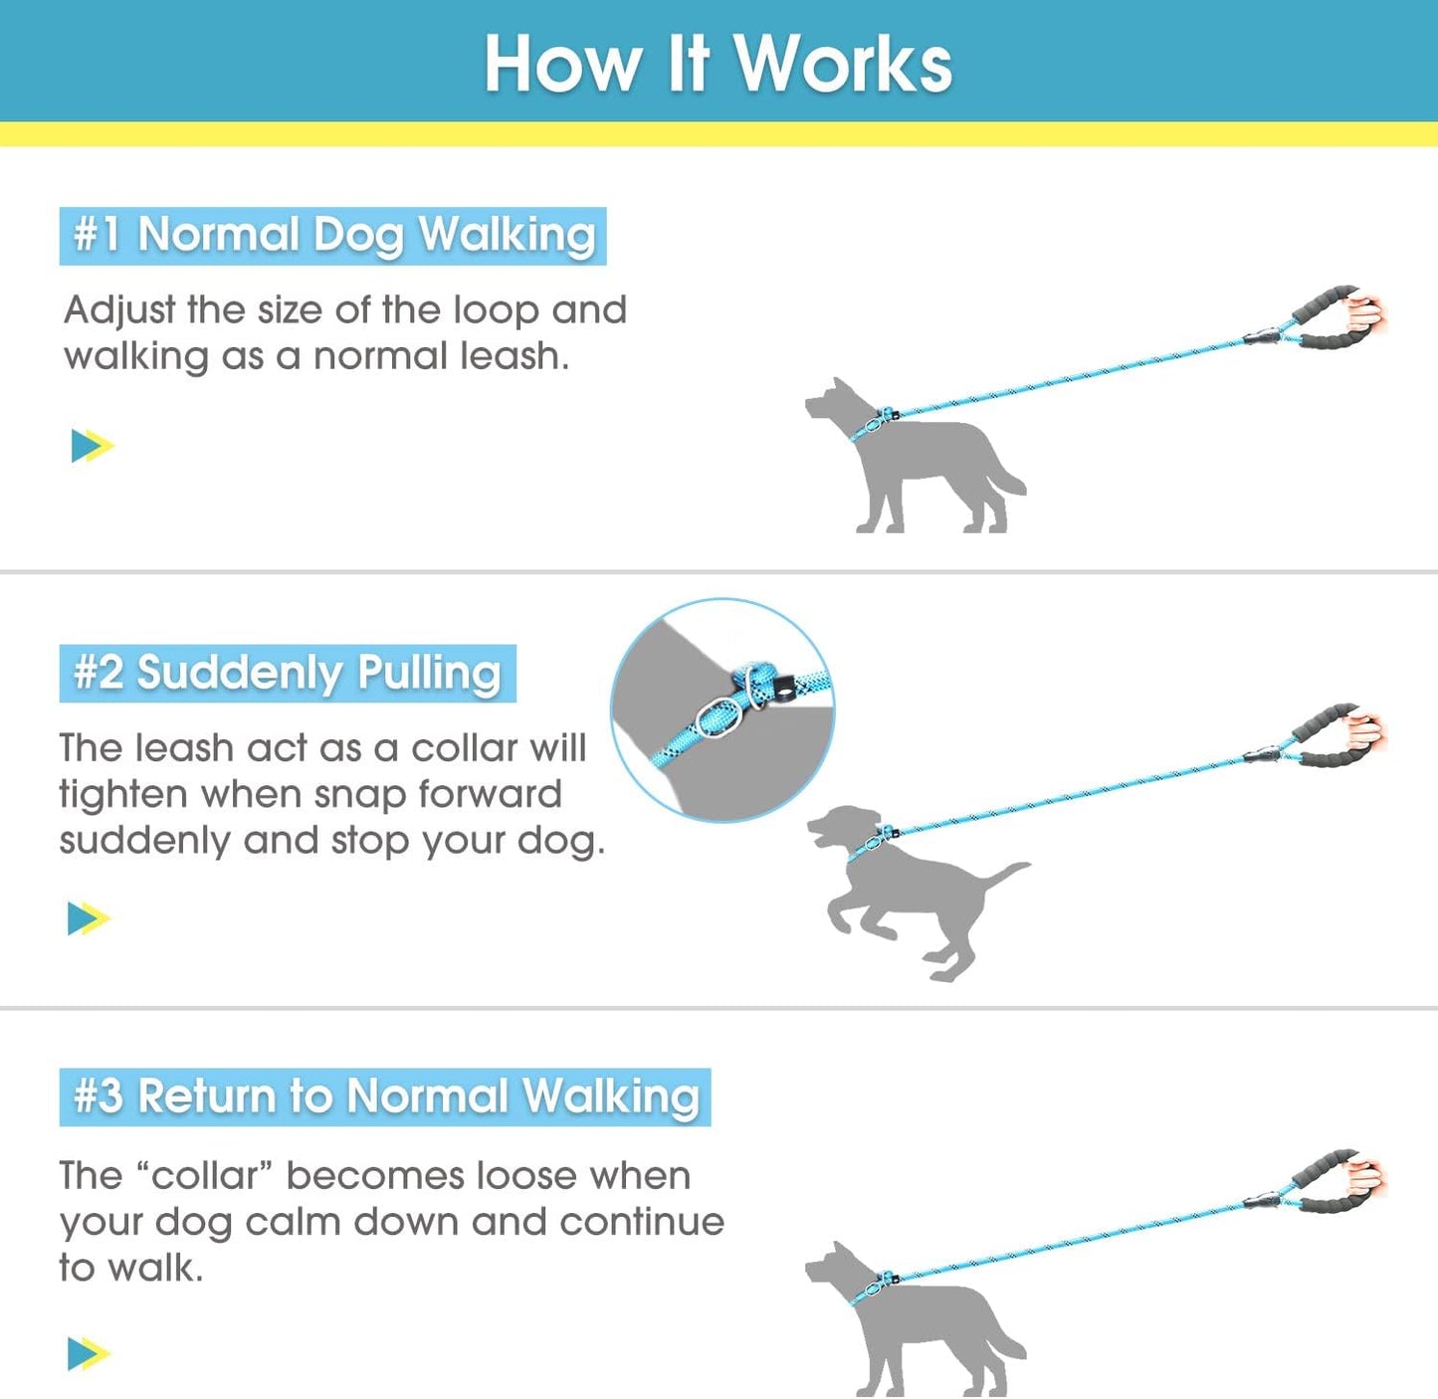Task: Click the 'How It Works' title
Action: [719, 64]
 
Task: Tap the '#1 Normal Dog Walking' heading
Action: [333, 236]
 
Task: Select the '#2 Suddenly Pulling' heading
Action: [288, 674]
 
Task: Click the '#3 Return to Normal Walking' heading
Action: [385, 1097]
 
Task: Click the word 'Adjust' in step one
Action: [119, 311]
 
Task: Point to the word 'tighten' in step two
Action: [122, 795]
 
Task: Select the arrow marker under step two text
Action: [89, 918]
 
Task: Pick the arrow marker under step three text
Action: [89, 1354]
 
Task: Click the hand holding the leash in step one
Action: [1365, 315]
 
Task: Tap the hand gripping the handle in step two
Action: [1365, 734]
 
